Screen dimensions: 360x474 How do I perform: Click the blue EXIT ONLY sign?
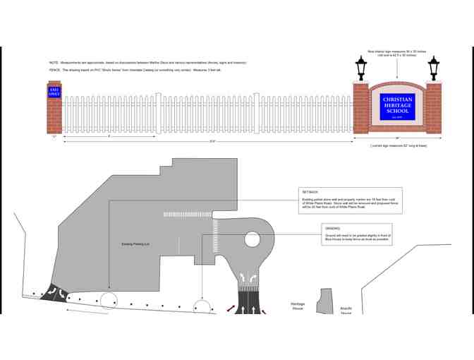[x=54, y=92]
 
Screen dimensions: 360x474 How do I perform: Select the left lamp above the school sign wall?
[x=361, y=68]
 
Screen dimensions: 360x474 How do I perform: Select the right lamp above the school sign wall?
[x=433, y=68]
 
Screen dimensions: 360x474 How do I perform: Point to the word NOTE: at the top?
[x=54, y=63]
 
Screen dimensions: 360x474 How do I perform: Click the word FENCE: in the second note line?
[x=54, y=71]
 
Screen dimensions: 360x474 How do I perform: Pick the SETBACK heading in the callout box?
[x=310, y=192]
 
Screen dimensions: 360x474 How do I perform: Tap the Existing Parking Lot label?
[x=137, y=244]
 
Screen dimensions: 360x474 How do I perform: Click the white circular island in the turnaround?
[x=253, y=239]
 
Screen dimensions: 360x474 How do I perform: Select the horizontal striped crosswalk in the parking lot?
[x=187, y=215]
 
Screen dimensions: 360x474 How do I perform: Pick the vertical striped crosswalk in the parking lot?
[x=215, y=235]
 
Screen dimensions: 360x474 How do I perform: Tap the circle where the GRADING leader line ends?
[x=202, y=307]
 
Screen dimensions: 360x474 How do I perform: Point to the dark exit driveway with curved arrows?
[x=54, y=292]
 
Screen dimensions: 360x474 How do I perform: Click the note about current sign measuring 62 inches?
[x=398, y=145]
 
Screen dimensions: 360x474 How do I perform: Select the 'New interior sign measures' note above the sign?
[x=397, y=53]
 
